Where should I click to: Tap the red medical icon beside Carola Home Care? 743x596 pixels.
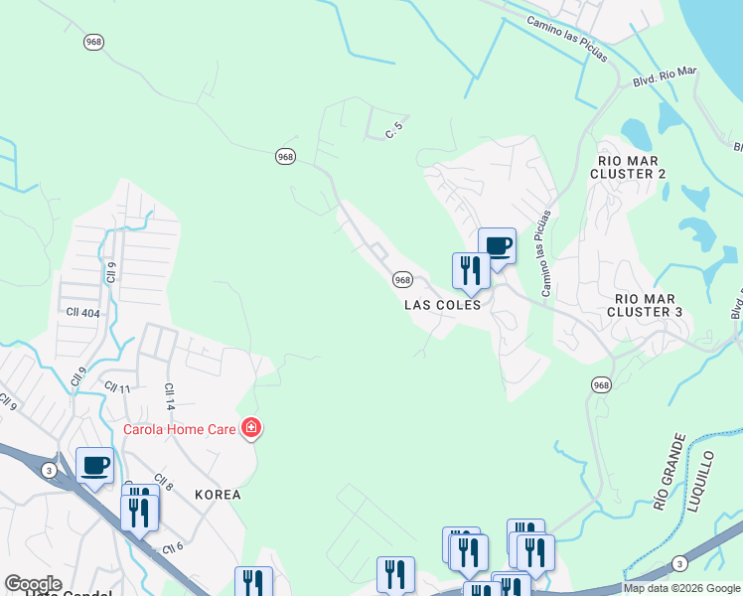(251, 429)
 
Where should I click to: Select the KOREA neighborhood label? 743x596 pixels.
(219, 494)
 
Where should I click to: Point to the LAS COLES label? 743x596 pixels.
(443, 305)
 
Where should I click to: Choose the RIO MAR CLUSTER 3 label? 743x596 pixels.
(649, 305)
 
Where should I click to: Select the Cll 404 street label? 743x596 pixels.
(83, 311)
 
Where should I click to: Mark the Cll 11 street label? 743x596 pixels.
(118, 387)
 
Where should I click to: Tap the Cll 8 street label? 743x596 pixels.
(164, 486)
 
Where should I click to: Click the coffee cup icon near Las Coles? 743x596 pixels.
(497, 244)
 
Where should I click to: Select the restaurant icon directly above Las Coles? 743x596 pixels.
(470, 269)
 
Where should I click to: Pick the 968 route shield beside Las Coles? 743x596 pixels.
(402, 280)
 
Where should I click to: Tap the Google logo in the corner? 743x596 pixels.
(33, 584)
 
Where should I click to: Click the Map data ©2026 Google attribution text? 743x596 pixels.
(682, 588)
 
